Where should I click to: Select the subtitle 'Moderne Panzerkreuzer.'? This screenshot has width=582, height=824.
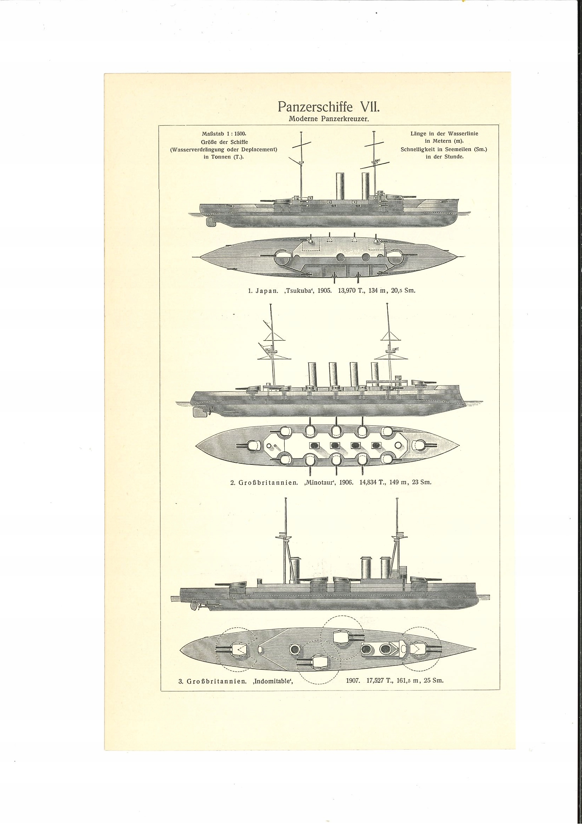(x=329, y=119)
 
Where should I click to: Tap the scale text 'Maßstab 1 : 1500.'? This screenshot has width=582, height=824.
(x=224, y=134)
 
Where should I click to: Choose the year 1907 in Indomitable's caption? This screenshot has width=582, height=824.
(x=353, y=680)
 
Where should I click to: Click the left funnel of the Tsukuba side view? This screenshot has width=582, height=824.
(x=340, y=187)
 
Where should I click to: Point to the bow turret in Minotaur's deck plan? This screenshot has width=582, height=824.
(x=420, y=445)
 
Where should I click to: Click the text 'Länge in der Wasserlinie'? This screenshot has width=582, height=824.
(x=444, y=133)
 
